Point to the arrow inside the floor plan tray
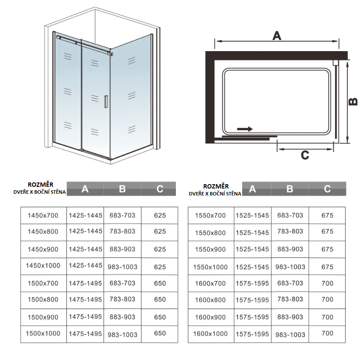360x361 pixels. (x=245, y=129)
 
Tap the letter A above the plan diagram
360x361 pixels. (x=276, y=36)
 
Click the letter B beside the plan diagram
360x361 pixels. (x=353, y=101)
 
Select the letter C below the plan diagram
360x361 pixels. (x=305, y=155)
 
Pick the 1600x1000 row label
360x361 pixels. (x=210, y=334)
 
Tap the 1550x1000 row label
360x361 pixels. (x=210, y=267)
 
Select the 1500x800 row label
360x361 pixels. (x=42, y=299)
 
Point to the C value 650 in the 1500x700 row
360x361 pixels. (x=160, y=283)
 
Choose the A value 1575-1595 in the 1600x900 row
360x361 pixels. (x=253, y=317)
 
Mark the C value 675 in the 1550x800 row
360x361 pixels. (x=328, y=231)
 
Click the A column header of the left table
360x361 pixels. (x=85, y=189)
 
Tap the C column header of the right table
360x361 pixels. (x=328, y=189)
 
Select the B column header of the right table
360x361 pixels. (x=290, y=189)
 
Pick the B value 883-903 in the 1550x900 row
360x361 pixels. (x=290, y=249)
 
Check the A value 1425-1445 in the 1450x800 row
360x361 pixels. (x=85, y=231)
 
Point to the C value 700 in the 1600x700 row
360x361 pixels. (x=328, y=283)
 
